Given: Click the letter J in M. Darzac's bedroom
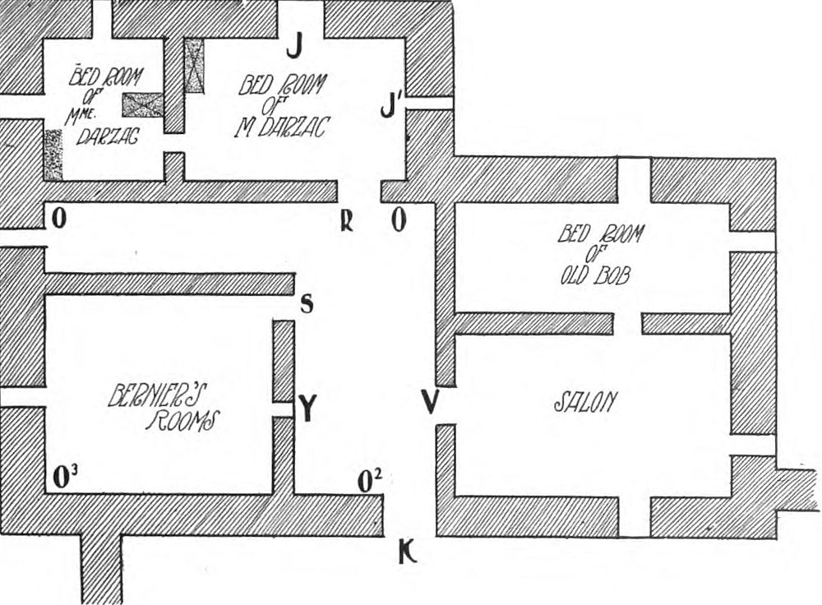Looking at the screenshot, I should coord(293,48).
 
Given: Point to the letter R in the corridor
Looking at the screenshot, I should coord(348,221).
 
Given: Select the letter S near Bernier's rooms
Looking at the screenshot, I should coord(307,304).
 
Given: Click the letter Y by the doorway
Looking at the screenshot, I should coord(307,409).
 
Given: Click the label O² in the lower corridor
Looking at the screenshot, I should coord(369,481).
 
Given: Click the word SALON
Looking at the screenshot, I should coord(585,401).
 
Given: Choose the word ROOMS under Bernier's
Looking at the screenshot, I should coord(182,422).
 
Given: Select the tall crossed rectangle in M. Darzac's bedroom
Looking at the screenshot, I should coord(194,65).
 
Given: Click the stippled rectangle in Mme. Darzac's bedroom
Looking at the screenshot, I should coord(53,155).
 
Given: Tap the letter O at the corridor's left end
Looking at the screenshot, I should coord(58,218).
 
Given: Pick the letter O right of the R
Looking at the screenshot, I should coord(399,221).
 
